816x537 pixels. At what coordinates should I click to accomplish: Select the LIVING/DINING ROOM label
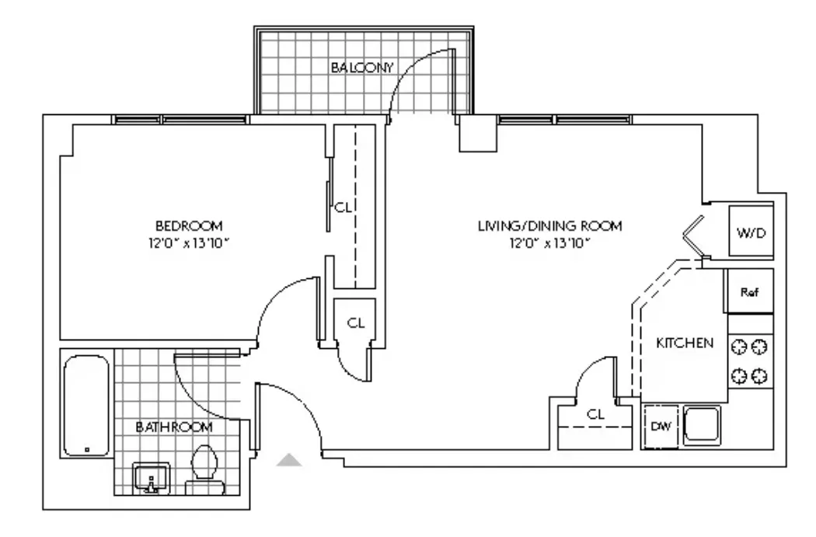tap(550, 226)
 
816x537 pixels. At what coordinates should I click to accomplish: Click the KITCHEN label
tap(685, 343)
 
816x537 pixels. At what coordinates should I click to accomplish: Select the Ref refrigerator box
tap(749, 292)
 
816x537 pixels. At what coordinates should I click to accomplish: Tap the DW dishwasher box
tap(660, 427)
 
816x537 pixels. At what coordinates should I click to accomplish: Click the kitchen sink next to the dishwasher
tap(703, 427)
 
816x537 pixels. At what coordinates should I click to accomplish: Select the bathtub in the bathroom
tap(85, 406)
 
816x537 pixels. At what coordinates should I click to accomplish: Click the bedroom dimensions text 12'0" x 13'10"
tap(184, 242)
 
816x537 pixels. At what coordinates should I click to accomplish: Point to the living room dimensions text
tap(550, 242)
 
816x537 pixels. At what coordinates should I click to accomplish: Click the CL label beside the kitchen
tap(595, 415)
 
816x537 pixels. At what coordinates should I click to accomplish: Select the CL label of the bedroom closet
tap(343, 208)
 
